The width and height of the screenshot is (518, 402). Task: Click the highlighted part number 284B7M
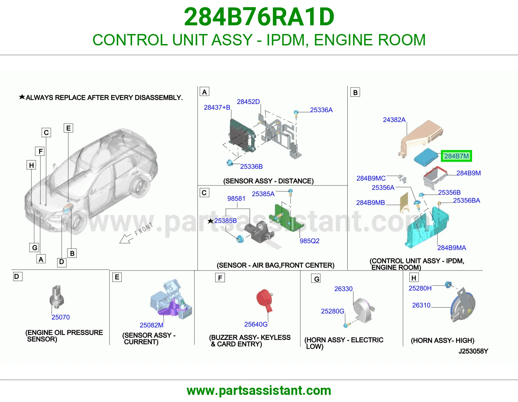[x=456, y=156]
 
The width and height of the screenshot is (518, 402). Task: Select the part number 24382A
[x=394, y=120]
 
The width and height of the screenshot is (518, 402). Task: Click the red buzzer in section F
[x=265, y=300]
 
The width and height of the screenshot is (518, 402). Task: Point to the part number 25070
[x=61, y=317]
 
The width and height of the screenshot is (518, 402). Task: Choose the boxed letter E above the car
[x=68, y=128]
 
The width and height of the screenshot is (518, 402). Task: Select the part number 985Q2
[x=310, y=241]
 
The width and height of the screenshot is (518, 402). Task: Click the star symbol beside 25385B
[x=210, y=221]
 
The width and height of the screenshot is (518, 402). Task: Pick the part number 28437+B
[x=217, y=107]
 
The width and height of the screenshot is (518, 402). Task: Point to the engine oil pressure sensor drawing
[x=57, y=297]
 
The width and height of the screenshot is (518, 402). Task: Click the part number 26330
[x=343, y=289]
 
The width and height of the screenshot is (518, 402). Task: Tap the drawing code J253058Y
[x=473, y=351]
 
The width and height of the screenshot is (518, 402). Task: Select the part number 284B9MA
[x=452, y=248]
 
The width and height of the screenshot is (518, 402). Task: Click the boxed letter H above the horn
[x=414, y=278]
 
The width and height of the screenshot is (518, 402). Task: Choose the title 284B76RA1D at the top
[x=259, y=17]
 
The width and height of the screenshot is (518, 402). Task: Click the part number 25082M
[x=152, y=325]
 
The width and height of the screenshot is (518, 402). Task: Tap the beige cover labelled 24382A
[x=421, y=137]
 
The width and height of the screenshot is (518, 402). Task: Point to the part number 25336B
[x=251, y=166]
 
